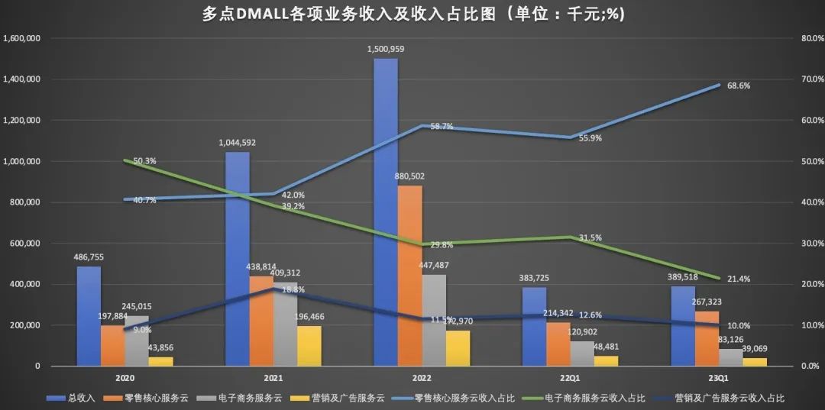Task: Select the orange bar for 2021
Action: (260, 321)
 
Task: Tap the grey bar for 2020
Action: (137, 341)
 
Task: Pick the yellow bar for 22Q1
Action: (607, 360)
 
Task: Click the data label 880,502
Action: (409, 176)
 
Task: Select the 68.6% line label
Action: (739, 86)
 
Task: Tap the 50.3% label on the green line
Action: (144, 161)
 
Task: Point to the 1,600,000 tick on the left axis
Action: (23, 38)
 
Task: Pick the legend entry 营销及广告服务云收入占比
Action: (736, 398)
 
